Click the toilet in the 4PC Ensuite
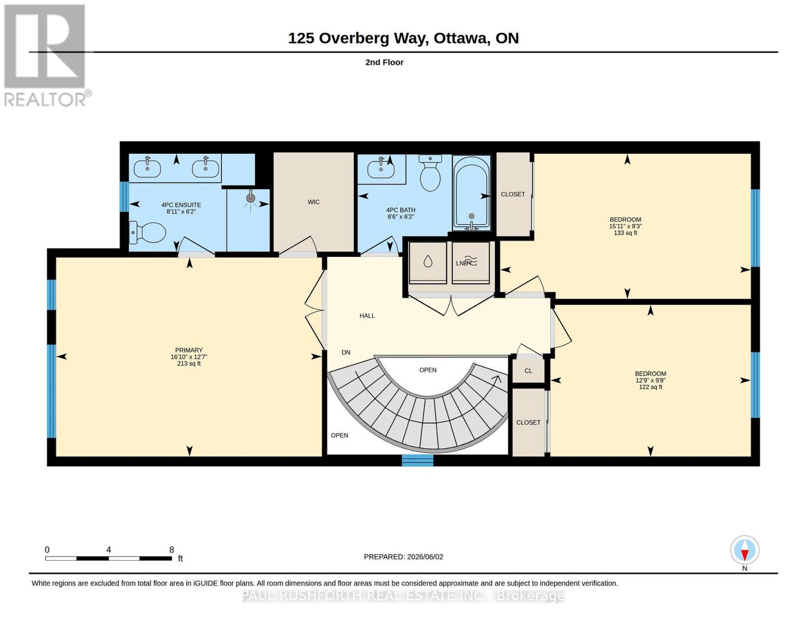(x=148, y=232)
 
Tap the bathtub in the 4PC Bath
(x=471, y=193)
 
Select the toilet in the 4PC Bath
(x=430, y=173)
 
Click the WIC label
(x=313, y=202)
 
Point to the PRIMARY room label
(x=189, y=350)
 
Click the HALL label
(x=367, y=316)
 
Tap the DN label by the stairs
(x=346, y=353)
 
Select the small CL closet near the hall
(x=528, y=371)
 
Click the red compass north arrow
(x=745, y=554)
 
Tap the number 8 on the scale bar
(x=171, y=550)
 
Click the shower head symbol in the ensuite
(x=251, y=198)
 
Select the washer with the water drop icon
(x=428, y=262)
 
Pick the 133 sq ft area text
(x=626, y=233)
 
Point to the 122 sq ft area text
(x=650, y=387)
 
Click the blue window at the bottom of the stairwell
(x=417, y=461)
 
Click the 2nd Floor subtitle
(x=385, y=62)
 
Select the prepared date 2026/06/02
(x=425, y=557)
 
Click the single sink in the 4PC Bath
(x=381, y=170)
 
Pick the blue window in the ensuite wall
(x=124, y=197)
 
